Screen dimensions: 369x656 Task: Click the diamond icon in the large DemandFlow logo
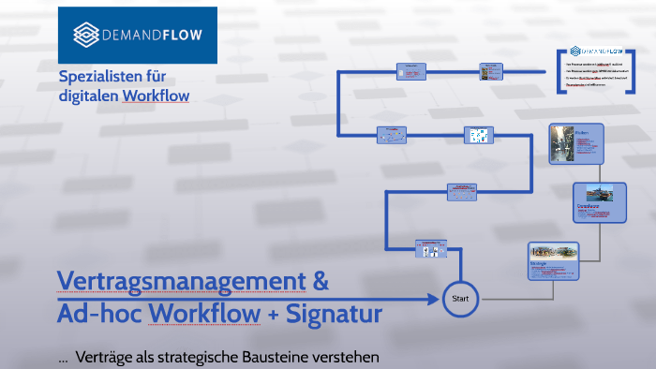pyautogui.click(x=86, y=35)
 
